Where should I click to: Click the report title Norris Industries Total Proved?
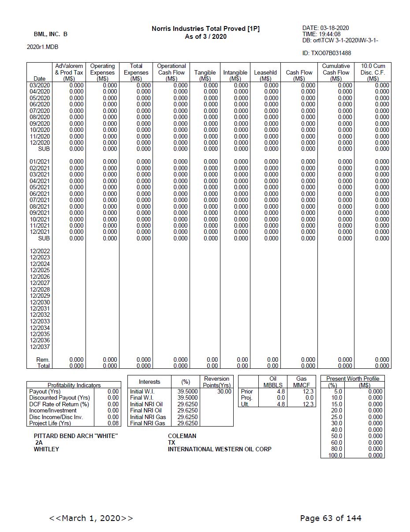point(205,29)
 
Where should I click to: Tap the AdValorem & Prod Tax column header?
point(69,72)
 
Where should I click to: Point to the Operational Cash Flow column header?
point(171,72)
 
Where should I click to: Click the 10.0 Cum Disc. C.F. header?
point(373,72)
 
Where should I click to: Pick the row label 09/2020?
point(40,124)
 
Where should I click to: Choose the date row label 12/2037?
point(40,347)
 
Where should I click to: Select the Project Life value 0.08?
point(113,423)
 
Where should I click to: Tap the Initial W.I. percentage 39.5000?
point(187,391)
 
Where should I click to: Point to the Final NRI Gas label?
point(148,423)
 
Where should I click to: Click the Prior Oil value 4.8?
point(280,391)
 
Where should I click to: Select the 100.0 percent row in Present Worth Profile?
point(335,455)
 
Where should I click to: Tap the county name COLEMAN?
point(182,436)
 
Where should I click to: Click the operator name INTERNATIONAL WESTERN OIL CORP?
point(220,449)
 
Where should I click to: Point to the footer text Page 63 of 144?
point(331,518)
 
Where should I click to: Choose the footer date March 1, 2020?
point(91,518)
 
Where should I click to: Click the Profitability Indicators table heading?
point(74,385)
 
